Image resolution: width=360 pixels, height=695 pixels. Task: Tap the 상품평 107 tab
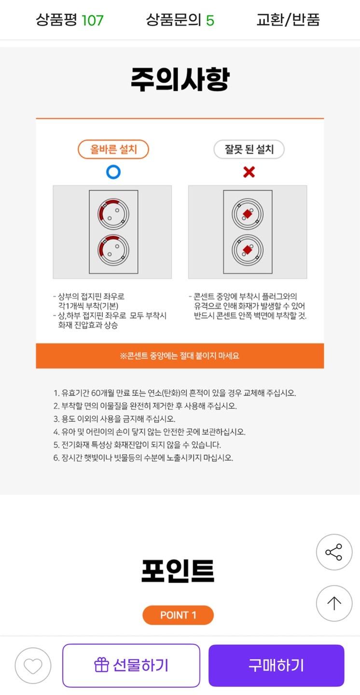[x=69, y=20]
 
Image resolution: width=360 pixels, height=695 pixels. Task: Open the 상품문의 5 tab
[x=180, y=20]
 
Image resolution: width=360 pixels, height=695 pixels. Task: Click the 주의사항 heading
[x=180, y=79]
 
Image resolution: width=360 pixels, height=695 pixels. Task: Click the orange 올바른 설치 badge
[x=113, y=149]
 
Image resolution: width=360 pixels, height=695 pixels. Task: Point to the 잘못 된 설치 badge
[x=249, y=149]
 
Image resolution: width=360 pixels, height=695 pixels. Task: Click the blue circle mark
[x=113, y=172]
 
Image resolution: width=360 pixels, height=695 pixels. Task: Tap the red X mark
[x=249, y=172]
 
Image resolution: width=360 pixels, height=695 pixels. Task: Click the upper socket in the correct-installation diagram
[x=113, y=214]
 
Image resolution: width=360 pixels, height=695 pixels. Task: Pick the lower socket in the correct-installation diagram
[x=113, y=250]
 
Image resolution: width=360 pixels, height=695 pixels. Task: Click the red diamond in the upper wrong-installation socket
[x=248, y=214]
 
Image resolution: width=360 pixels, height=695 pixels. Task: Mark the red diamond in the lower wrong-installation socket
[x=248, y=250]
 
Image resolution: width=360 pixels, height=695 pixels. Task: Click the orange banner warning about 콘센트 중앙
[x=180, y=356]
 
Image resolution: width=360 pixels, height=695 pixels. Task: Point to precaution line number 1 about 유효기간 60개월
[x=175, y=393]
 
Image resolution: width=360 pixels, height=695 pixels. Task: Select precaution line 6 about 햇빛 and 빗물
[x=143, y=458]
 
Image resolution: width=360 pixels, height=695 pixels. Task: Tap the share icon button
[x=334, y=552]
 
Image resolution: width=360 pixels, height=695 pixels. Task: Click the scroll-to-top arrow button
[x=334, y=603]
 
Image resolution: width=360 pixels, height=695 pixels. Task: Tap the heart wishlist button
[x=33, y=666]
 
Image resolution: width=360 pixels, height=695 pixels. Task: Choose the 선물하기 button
[x=131, y=666]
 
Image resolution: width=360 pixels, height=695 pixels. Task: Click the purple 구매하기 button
[x=276, y=666]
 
